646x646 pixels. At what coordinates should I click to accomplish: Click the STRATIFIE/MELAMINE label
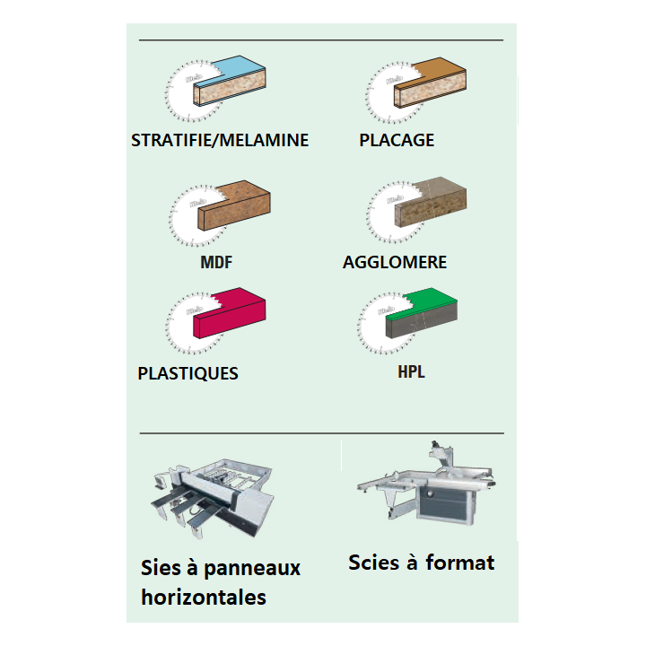(220, 140)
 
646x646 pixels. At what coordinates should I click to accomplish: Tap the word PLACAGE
(397, 140)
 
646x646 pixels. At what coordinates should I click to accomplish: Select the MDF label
(216, 262)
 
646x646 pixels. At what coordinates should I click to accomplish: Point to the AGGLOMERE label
(395, 262)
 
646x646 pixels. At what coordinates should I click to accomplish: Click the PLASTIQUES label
(188, 373)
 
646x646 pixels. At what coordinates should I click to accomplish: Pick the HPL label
(411, 371)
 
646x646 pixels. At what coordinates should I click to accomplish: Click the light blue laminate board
(230, 81)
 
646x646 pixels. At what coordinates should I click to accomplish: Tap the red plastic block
(230, 313)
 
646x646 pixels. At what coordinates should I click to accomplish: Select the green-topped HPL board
(422, 313)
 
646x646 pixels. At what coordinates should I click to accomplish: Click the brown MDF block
(234, 205)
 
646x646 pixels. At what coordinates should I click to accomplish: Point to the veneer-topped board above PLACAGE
(430, 83)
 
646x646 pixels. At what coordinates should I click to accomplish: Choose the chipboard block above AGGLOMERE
(431, 202)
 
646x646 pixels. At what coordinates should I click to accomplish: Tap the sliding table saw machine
(426, 484)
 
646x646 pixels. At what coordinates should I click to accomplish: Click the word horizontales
(204, 597)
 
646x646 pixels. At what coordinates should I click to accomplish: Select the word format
(459, 563)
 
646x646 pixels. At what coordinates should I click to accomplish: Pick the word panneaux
(252, 569)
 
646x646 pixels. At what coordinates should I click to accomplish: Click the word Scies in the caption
(373, 563)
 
